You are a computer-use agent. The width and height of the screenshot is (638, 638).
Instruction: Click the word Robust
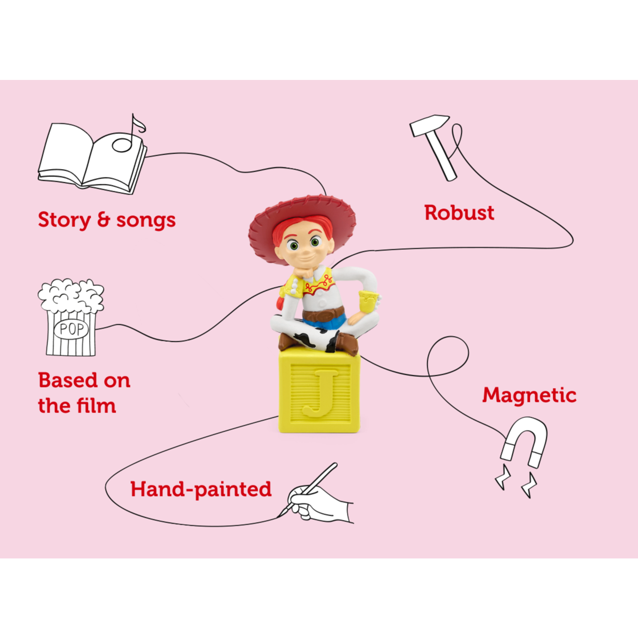(459, 213)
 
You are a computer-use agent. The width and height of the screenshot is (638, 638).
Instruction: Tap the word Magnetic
(529, 395)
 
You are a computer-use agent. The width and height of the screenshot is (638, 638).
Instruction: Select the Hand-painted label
(201, 489)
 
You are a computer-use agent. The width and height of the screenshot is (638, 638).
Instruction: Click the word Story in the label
(64, 220)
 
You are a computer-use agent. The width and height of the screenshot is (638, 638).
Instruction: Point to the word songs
(146, 220)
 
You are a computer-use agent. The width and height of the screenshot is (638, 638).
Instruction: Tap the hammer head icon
(429, 124)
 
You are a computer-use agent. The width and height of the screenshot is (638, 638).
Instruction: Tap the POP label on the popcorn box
(71, 329)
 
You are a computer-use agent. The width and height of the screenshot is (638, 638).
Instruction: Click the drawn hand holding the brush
(321, 502)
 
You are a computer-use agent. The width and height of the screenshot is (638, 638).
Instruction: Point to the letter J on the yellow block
(319, 392)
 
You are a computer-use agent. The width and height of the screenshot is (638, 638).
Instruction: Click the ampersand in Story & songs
(104, 220)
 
